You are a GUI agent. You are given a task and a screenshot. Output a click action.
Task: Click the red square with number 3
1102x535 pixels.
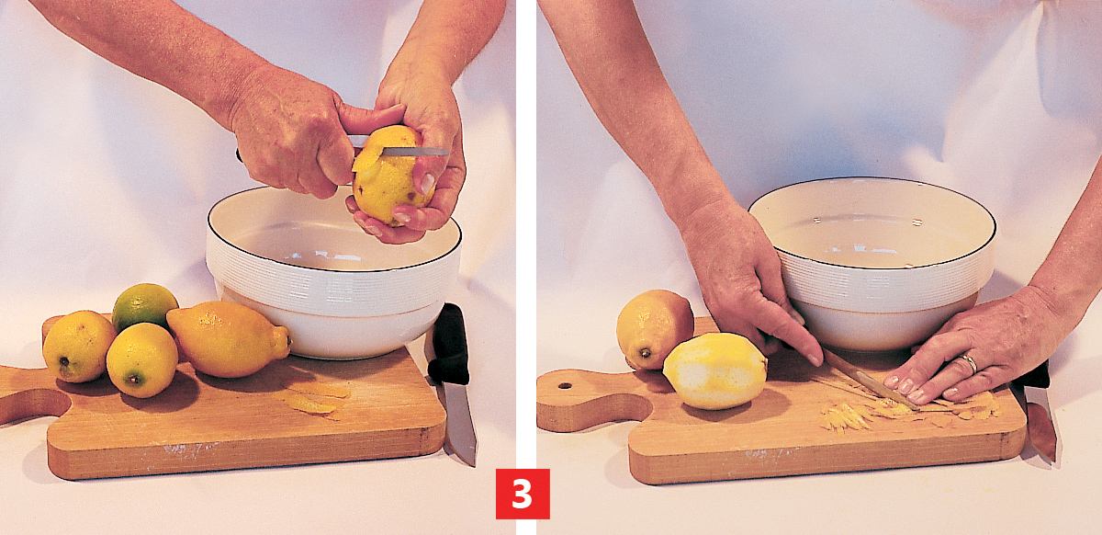tap(523, 494)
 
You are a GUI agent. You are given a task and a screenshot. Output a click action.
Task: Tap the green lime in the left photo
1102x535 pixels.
tap(144, 306)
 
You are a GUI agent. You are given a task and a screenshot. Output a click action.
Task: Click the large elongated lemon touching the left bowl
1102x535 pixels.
tap(229, 339)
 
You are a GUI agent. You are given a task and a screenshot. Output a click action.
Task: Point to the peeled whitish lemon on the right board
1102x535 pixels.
tap(714, 371)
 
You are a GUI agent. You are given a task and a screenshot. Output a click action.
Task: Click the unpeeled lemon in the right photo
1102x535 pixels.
tap(654, 329)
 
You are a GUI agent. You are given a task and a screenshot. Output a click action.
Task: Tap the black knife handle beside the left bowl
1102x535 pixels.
tap(449, 344)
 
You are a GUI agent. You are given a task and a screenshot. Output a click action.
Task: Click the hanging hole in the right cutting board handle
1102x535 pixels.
tap(564, 386)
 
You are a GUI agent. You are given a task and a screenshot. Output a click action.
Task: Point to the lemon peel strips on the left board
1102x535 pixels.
tap(315, 398)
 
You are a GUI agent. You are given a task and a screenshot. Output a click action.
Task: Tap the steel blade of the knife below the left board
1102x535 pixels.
tap(459, 423)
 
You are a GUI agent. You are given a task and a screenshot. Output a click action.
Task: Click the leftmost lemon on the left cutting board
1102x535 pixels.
tap(79, 347)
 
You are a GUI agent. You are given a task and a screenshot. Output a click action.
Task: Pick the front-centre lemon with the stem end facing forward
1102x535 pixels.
tap(141, 360)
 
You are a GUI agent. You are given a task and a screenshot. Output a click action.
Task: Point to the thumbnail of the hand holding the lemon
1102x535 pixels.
tap(426, 183)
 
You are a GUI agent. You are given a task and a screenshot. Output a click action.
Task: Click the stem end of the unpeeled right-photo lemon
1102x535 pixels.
tap(644, 353)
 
